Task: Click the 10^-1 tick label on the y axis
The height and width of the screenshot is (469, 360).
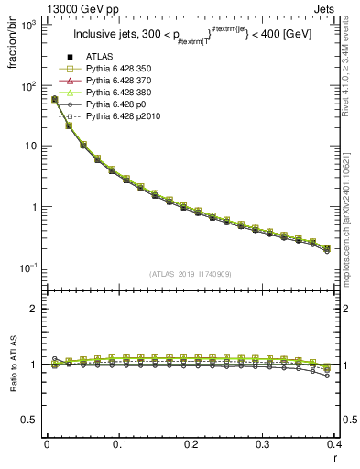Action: (27, 267)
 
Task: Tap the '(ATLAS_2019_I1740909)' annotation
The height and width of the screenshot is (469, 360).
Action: (190, 274)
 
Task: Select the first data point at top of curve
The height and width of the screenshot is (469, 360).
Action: (54, 99)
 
